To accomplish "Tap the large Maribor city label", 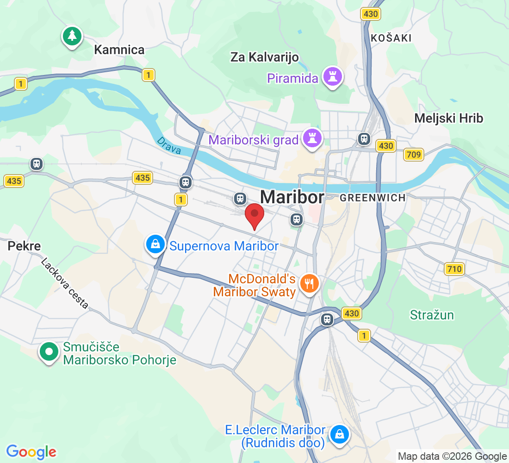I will pyautogui.click(x=292, y=197).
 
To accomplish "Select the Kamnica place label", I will pyautogui.click(x=119, y=50).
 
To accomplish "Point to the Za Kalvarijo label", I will pyautogui.click(x=264, y=57).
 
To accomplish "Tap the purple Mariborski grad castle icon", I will pyautogui.click(x=312, y=138).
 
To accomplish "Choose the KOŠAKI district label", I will pyautogui.click(x=391, y=38).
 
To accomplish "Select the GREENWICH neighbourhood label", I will pyautogui.click(x=372, y=198).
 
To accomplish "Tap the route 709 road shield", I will pyautogui.click(x=413, y=154).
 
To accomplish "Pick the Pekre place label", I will pyautogui.click(x=24, y=246).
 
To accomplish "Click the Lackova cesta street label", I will pyautogui.click(x=65, y=283).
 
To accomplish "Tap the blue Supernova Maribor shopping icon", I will pyautogui.click(x=155, y=244).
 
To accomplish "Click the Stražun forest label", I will pyautogui.click(x=432, y=315).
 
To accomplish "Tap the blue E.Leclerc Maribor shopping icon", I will pyautogui.click(x=340, y=434).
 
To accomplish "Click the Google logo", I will pyautogui.click(x=31, y=451).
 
